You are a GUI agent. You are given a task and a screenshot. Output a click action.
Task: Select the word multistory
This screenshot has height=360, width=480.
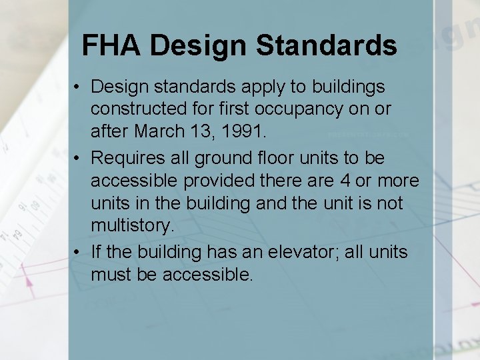pyautogui.click(x=132, y=226)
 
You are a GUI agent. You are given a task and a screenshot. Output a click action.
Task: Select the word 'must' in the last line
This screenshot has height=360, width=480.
pyautogui.click(x=111, y=274)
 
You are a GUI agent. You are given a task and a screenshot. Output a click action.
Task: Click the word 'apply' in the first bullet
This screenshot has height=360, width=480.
pyautogui.click(x=237, y=87)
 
